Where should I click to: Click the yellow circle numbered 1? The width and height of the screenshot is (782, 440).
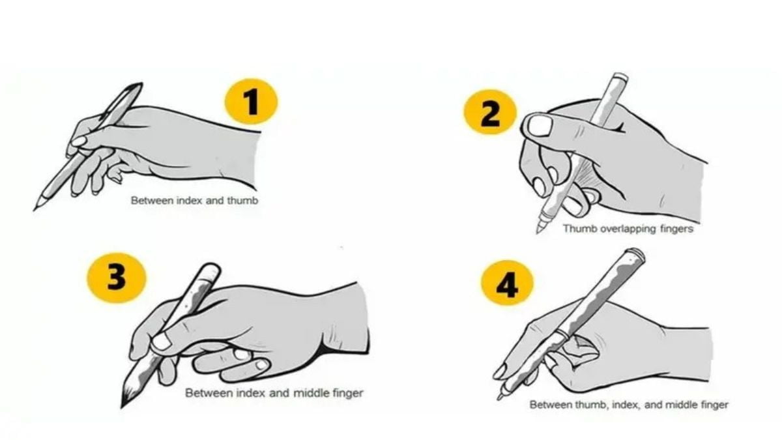(251, 101)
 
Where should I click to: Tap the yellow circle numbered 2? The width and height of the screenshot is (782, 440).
(490, 111)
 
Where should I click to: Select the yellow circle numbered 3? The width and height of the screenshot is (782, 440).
(117, 278)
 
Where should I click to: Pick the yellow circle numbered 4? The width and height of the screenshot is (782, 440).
(507, 283)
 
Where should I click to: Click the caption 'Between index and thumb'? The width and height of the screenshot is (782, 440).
(194, 201)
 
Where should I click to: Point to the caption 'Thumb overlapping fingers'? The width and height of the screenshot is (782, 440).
(628, 229)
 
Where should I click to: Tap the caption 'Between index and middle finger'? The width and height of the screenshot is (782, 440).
(274, 393)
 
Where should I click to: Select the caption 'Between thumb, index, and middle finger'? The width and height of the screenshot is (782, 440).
(629, 405)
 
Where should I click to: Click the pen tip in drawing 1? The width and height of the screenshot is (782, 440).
(34, 210)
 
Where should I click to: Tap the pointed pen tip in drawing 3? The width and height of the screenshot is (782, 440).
(122, 407)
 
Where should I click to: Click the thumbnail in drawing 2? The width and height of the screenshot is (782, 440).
(540, 126)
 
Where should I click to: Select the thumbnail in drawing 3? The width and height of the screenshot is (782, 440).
(162, 342)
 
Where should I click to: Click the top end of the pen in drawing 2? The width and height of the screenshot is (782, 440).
(620, 76)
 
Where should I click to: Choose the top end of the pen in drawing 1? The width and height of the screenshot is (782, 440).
(139, 85)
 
